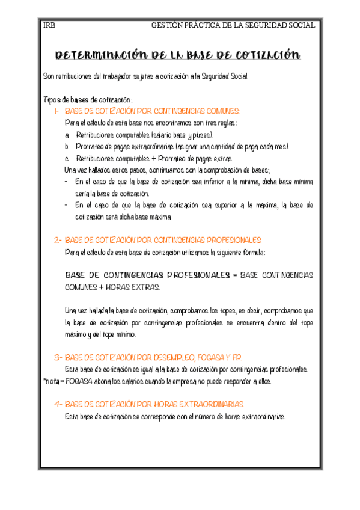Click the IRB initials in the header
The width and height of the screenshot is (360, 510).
pos(49,25)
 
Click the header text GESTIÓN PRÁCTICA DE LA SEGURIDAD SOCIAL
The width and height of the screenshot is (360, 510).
pos(233,25)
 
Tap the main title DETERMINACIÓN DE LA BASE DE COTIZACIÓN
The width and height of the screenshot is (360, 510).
pos(177,56)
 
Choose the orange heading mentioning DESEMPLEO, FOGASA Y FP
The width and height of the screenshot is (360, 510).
pos(153,357)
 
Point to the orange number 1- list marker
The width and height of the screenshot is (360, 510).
pos(57,111)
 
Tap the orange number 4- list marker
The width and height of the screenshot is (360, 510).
pos(57,404)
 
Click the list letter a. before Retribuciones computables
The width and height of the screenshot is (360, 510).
pos(67,135)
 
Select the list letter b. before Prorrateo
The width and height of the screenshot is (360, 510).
pos(67,147)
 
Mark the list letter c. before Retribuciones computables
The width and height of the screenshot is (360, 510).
pos(67,158)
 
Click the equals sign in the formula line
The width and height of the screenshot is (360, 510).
pos(234,275)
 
